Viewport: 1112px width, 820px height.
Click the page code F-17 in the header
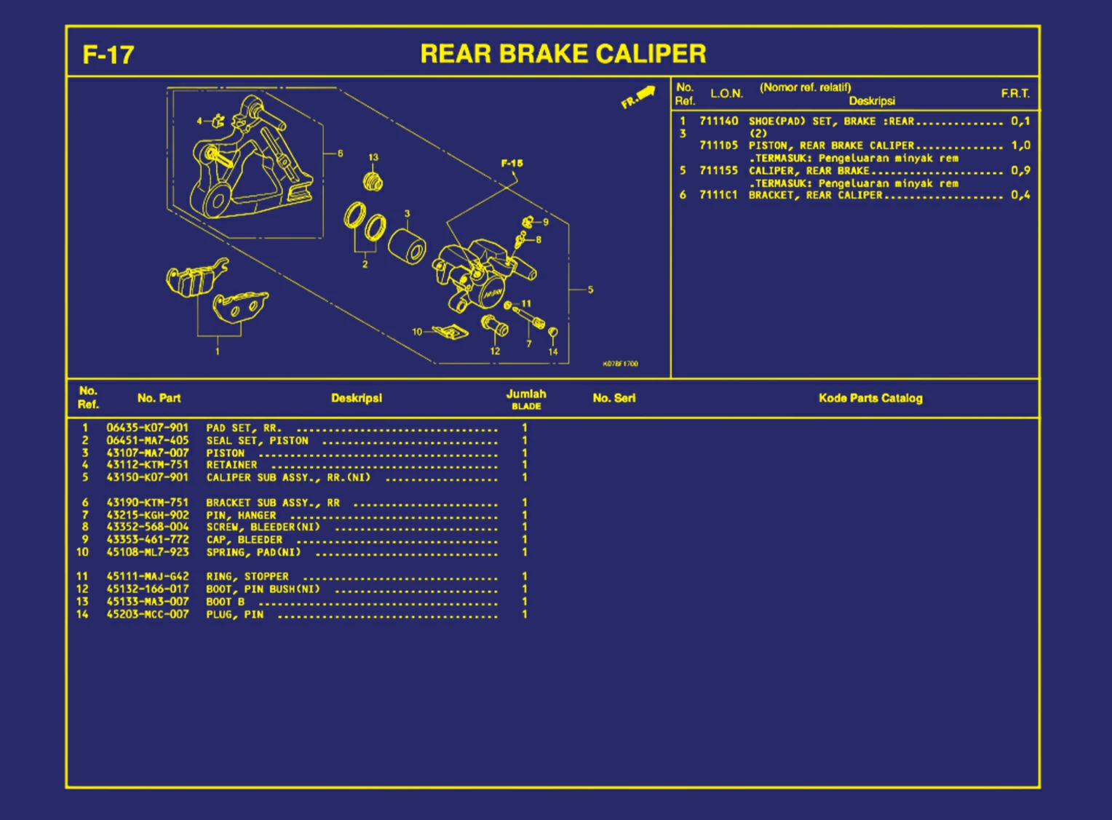(108, 55)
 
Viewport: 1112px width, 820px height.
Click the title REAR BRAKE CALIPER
(563, 54)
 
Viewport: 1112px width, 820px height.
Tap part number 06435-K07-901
(147, 428)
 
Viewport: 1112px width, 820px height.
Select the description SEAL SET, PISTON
(257, 440)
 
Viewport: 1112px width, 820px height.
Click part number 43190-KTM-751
(147, 503)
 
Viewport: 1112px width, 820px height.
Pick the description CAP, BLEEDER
(244, 540)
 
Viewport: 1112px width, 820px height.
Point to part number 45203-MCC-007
(147, 614)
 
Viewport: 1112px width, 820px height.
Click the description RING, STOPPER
(247, 576)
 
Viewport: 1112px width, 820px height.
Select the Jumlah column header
(525, 394)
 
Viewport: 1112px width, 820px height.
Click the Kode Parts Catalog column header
(870, 398)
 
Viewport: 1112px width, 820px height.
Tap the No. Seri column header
(613, 398)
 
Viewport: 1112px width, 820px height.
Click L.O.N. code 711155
(718, 170)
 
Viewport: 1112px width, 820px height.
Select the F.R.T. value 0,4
(1020, 195)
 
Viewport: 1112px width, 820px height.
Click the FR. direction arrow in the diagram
(638, 96)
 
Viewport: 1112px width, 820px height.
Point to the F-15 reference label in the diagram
(512, 163)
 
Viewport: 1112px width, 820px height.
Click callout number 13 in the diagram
(373, 157)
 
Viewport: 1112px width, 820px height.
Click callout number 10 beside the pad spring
(417, 332)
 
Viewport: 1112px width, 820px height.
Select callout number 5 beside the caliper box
(590, 290)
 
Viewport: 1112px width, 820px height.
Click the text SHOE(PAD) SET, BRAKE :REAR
(831, 122)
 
